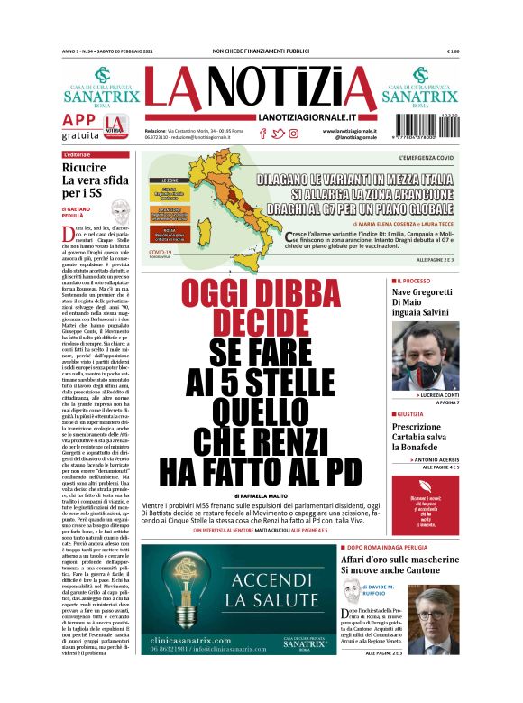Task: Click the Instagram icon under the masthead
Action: point(293,134)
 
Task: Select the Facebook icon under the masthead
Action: point(262,134)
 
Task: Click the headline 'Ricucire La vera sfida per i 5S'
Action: point(89,180)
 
